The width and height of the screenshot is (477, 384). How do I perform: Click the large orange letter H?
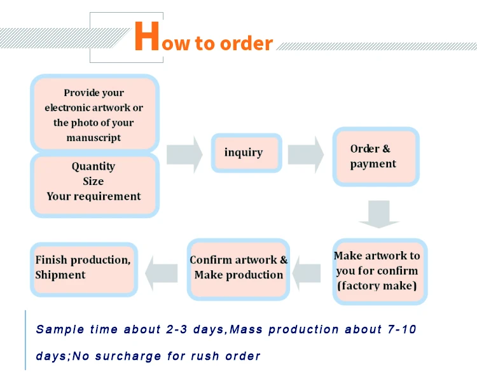coord(147,36)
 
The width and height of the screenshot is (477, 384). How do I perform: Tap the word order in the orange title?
coord(246,43)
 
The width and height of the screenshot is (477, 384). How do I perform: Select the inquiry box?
coord(246,153)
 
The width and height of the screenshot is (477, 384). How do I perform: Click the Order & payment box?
coord(376,156)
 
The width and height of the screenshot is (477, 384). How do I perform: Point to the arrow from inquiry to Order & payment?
coord(306,154)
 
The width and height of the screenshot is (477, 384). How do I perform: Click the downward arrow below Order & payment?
coord(379,214)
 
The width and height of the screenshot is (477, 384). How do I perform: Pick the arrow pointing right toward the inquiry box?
coord(184,154)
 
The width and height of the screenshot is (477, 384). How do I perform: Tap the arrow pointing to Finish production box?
coord(162,273)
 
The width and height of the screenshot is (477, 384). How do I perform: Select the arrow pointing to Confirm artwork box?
coord(307,273)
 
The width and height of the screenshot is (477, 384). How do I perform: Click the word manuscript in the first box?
coord(93,138)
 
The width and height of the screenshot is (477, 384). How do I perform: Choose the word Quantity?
coord(93,167)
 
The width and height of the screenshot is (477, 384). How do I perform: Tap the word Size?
coord(93,181)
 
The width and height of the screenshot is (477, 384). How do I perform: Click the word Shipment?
coord(60,275)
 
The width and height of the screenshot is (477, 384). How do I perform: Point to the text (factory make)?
coord(377,285)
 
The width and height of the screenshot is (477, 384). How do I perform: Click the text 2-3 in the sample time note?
coord(176,329)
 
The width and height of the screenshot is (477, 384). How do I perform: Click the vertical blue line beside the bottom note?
coord(25,340)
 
